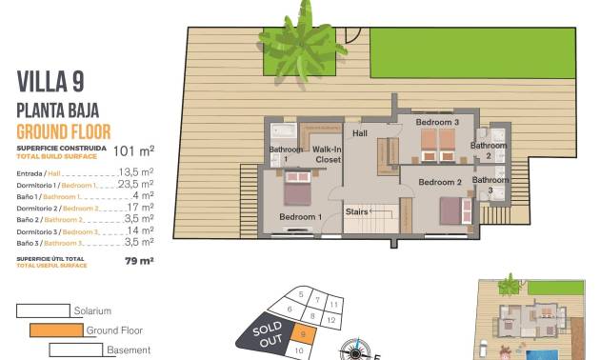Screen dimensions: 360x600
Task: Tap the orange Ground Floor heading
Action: tap(64, 132)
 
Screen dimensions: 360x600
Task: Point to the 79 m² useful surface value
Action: tap(139, 260)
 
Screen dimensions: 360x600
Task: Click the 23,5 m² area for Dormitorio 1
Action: tap(135, 184)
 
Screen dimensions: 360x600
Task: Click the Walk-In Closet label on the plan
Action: tap(327, 154)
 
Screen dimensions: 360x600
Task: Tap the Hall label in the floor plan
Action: tap(360, 134)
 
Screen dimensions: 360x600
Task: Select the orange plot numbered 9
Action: tap(302, 333)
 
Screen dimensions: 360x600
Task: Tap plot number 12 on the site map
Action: tap(330, 321)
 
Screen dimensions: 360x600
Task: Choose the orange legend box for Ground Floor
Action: tap(56, 330)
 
